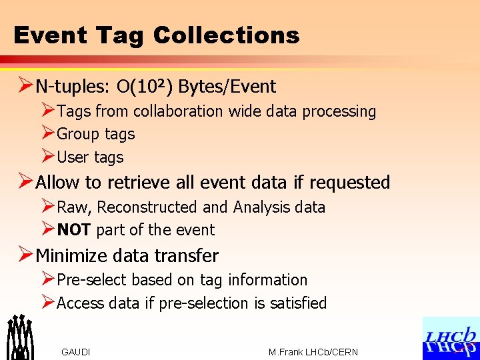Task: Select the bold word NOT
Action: (75, 231)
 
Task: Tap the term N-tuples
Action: (73, 87)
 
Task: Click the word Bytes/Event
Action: (226, 87)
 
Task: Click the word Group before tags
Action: (78, 134)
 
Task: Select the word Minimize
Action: (73, 255)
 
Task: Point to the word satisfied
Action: (298, 303)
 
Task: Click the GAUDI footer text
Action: (75, 352)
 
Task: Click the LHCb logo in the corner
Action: (450, 339)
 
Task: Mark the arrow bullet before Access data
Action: (47, 303)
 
